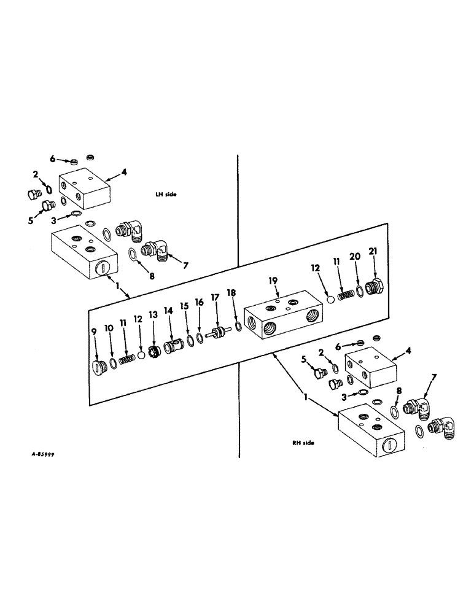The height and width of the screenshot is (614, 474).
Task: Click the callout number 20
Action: click(354, 257)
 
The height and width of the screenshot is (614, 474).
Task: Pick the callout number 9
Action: click(95, 332)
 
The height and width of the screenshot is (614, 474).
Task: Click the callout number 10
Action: click(108, 329)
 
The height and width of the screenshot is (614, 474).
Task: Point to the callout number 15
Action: click(184, 306)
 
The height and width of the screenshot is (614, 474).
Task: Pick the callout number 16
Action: click(198, 302)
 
